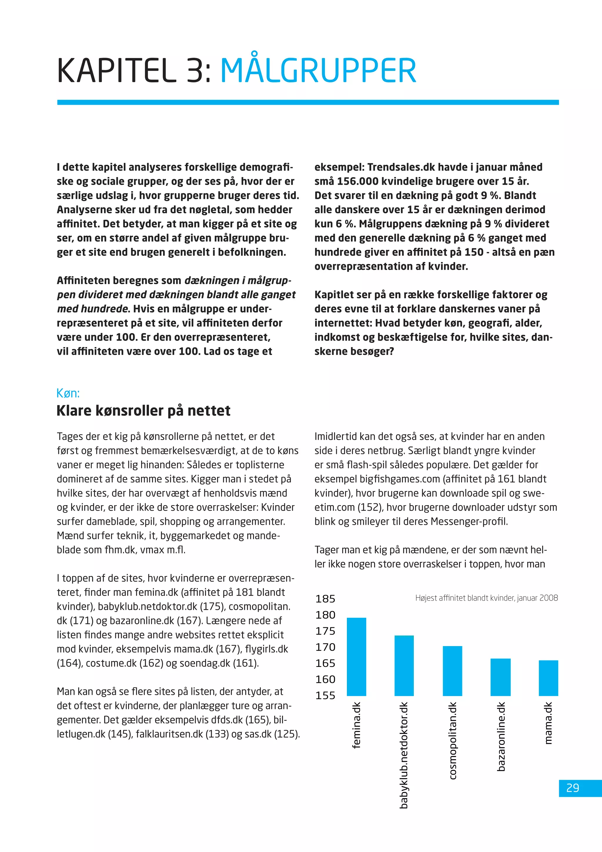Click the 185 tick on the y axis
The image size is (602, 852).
click(x=325, y=599)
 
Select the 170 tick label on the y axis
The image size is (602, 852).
click(x=325, y=647)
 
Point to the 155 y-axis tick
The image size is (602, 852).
click(x=325, y=695)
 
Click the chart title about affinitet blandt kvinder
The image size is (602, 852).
click(x=486, y=598)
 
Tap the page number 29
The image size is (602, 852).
click(x=573, y=788)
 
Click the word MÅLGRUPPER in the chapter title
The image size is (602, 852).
click(x=318, y=71)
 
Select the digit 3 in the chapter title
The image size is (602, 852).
click(x=194, y=71)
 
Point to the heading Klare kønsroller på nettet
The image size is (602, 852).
click(x=143, y=411)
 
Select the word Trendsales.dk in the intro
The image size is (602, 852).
click(x=401, y=167)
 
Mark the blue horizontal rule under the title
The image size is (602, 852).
click(x=308, y=102)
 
